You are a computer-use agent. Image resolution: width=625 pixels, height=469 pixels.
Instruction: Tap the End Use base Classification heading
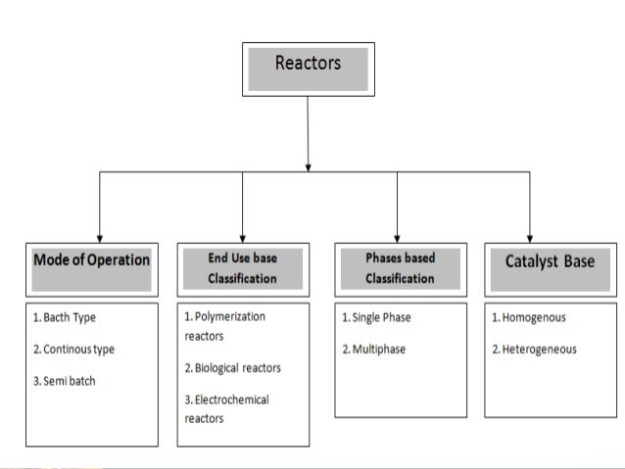click(x=242, y=268)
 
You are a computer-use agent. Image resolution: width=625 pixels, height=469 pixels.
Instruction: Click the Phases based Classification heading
click(x=400, y=268)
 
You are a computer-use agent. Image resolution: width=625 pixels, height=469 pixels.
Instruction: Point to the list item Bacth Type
click(x=65, y=317)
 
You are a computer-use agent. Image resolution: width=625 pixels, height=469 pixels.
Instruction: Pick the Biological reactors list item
click(x=233, y=368)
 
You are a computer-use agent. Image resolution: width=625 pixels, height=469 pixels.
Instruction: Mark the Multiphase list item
click(x=373, y=350)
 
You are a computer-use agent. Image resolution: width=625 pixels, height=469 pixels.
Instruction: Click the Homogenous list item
click(x=529, y=317)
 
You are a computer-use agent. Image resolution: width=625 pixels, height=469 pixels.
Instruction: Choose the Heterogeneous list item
click(x=534, y=350)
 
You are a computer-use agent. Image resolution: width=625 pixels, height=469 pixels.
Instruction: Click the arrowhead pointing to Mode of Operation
click(x=99, y=235)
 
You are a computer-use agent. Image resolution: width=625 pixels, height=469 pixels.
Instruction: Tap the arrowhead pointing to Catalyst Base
click(x=530, y=235)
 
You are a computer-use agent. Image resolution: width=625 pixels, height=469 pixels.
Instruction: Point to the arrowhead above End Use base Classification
click(x=243, y=235)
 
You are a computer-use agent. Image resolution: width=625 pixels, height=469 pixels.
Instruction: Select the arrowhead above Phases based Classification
click(x=397, y=235)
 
